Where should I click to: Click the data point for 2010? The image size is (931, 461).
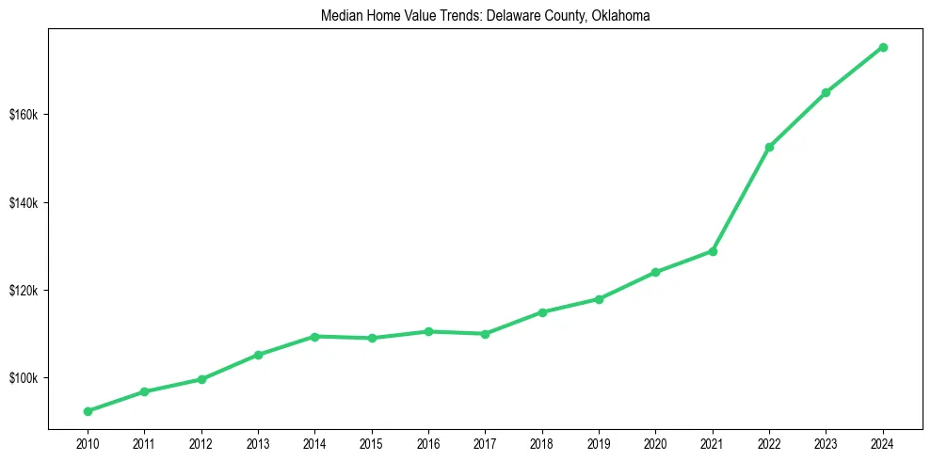click(88, 411)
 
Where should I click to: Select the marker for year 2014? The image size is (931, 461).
click(314, 336)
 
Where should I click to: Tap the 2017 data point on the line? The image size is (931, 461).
click(485, 333)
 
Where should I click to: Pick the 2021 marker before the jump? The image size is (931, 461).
click(713, 251)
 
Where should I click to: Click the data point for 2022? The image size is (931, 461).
click(769, 147)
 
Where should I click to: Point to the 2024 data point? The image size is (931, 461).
click(883, 47)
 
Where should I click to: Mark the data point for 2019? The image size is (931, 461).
click(599, 299)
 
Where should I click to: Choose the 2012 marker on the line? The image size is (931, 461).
click(201, 379)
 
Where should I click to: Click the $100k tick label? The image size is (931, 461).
click(24, 378)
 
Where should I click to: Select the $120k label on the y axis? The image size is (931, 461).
click(24, 291)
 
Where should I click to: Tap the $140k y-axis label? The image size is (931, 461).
click(24, 203)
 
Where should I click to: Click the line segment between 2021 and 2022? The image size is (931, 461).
click(741, 199)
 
